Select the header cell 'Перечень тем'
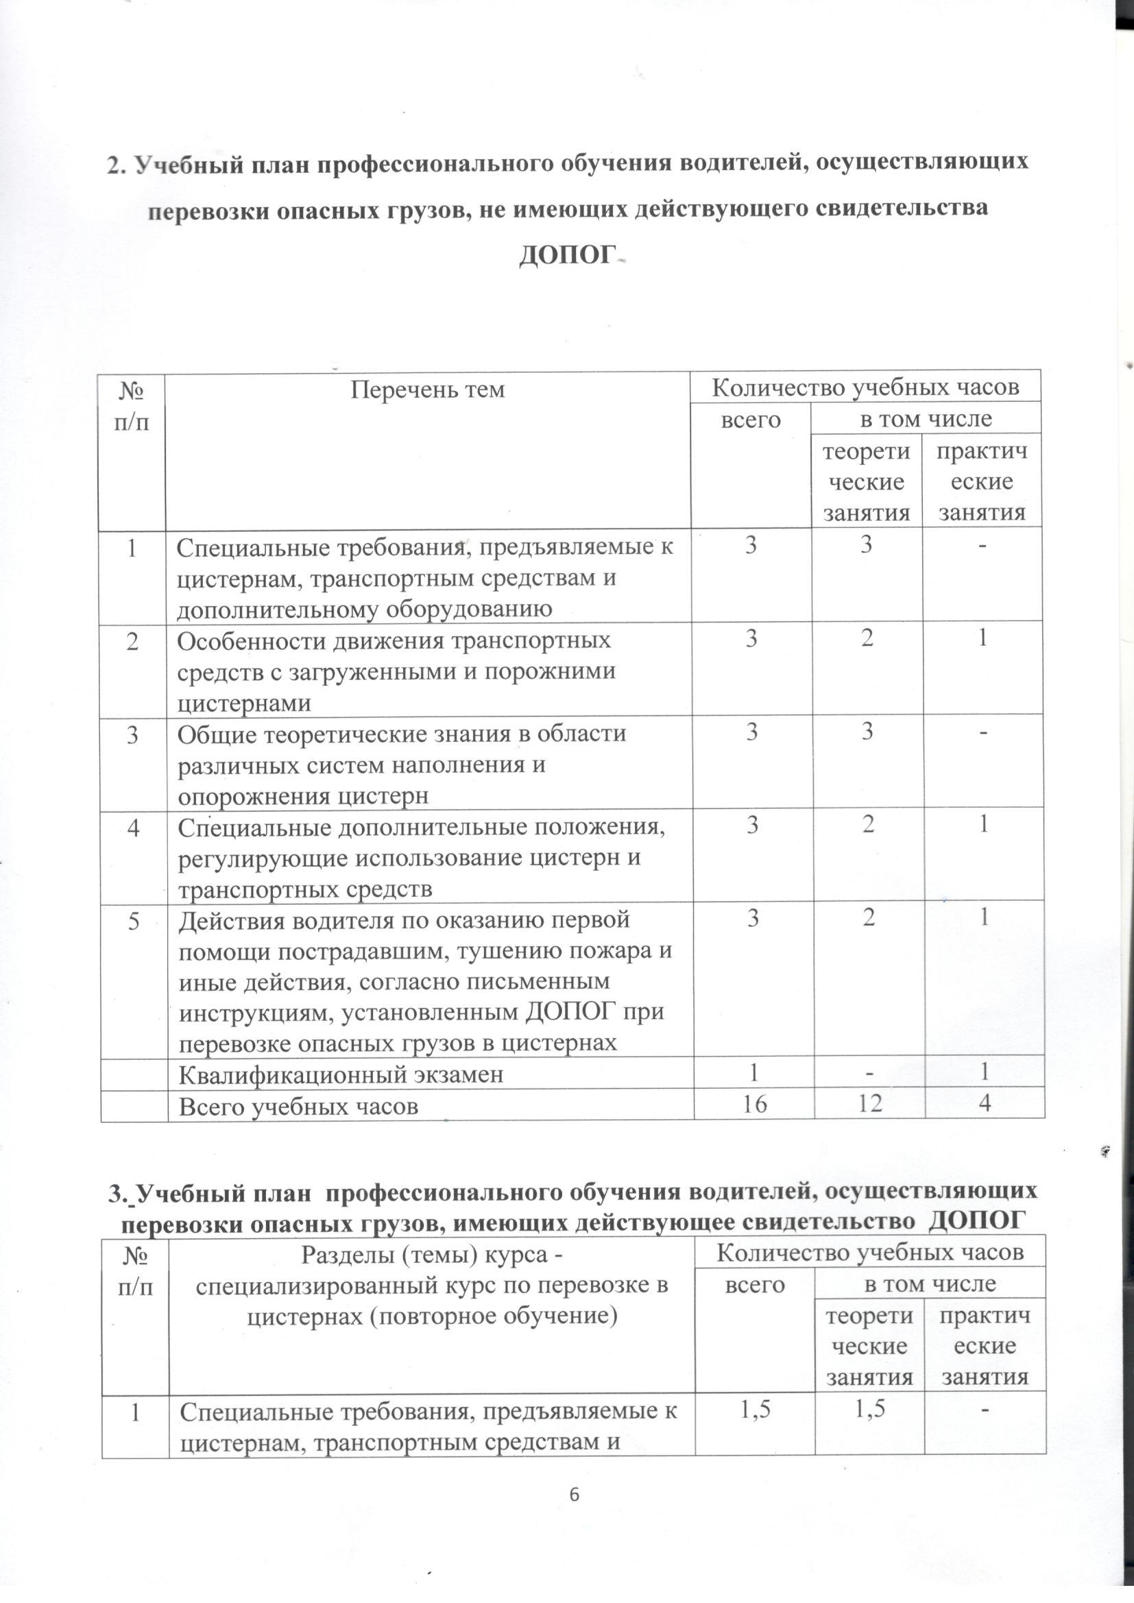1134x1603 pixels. [427, 389]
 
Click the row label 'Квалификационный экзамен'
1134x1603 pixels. [341, 1074]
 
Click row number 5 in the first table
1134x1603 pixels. [133, 920]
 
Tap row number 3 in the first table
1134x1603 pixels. [133, 734]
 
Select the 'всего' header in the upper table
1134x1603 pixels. [751, 420]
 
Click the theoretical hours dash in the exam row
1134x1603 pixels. [867, 1074]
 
